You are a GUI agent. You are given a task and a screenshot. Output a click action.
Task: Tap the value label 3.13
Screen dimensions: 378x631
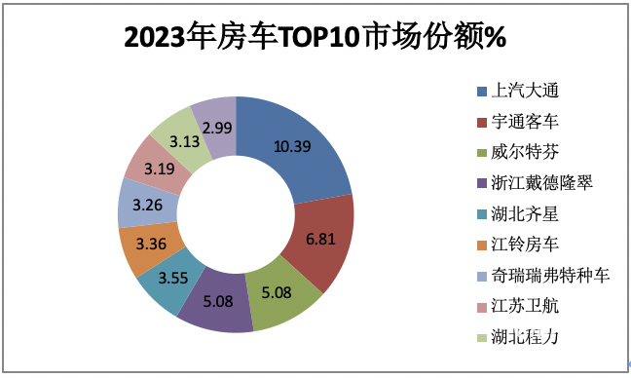click(184, 140)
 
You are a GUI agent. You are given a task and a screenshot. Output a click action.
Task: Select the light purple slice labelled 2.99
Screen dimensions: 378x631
click(217, 128)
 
